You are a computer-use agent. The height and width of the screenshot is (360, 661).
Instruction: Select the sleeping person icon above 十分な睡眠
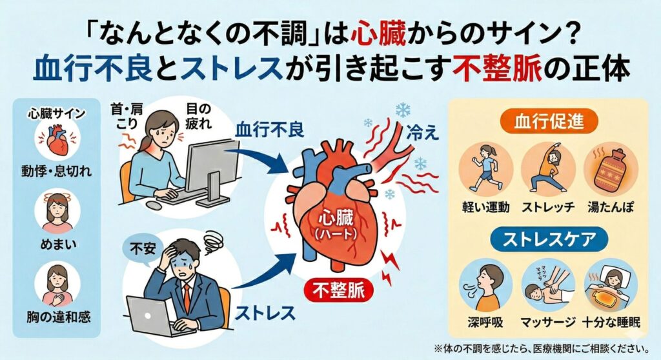coord(606,284)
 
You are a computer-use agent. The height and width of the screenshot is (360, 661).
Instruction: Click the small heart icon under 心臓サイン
coord(56,143)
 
